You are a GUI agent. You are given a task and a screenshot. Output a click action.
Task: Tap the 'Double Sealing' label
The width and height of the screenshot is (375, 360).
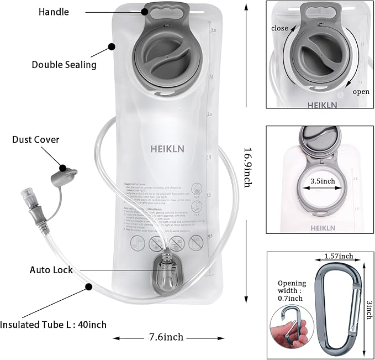point(64,65)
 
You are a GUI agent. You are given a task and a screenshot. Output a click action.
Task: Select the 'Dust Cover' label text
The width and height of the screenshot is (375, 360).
point(35,140)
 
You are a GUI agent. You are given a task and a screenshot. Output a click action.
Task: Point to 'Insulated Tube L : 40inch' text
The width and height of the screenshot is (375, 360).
point(54,325)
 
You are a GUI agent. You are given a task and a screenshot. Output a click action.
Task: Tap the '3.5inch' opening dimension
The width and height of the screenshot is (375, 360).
point(322,180)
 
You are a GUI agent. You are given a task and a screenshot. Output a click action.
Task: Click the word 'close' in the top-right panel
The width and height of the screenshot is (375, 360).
point(279,28)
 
